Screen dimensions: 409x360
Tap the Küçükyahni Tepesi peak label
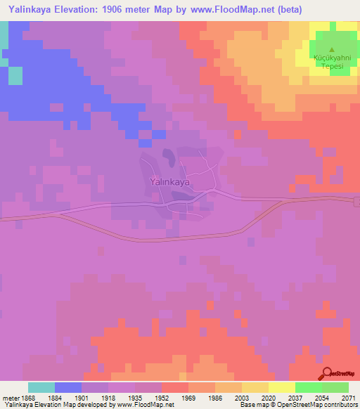332,62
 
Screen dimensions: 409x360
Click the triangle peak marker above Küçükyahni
332,48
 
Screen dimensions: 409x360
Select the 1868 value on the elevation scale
28,397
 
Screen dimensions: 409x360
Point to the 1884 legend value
54,397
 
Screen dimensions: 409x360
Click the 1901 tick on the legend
82,397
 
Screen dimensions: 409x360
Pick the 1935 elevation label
135,397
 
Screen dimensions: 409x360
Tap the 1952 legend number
162,397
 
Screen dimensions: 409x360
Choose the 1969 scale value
188,397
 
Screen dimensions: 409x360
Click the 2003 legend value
242,397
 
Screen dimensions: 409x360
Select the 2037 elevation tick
295,397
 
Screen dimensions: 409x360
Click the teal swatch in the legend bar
41,387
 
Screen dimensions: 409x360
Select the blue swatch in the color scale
68,387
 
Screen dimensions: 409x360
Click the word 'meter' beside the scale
11,397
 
